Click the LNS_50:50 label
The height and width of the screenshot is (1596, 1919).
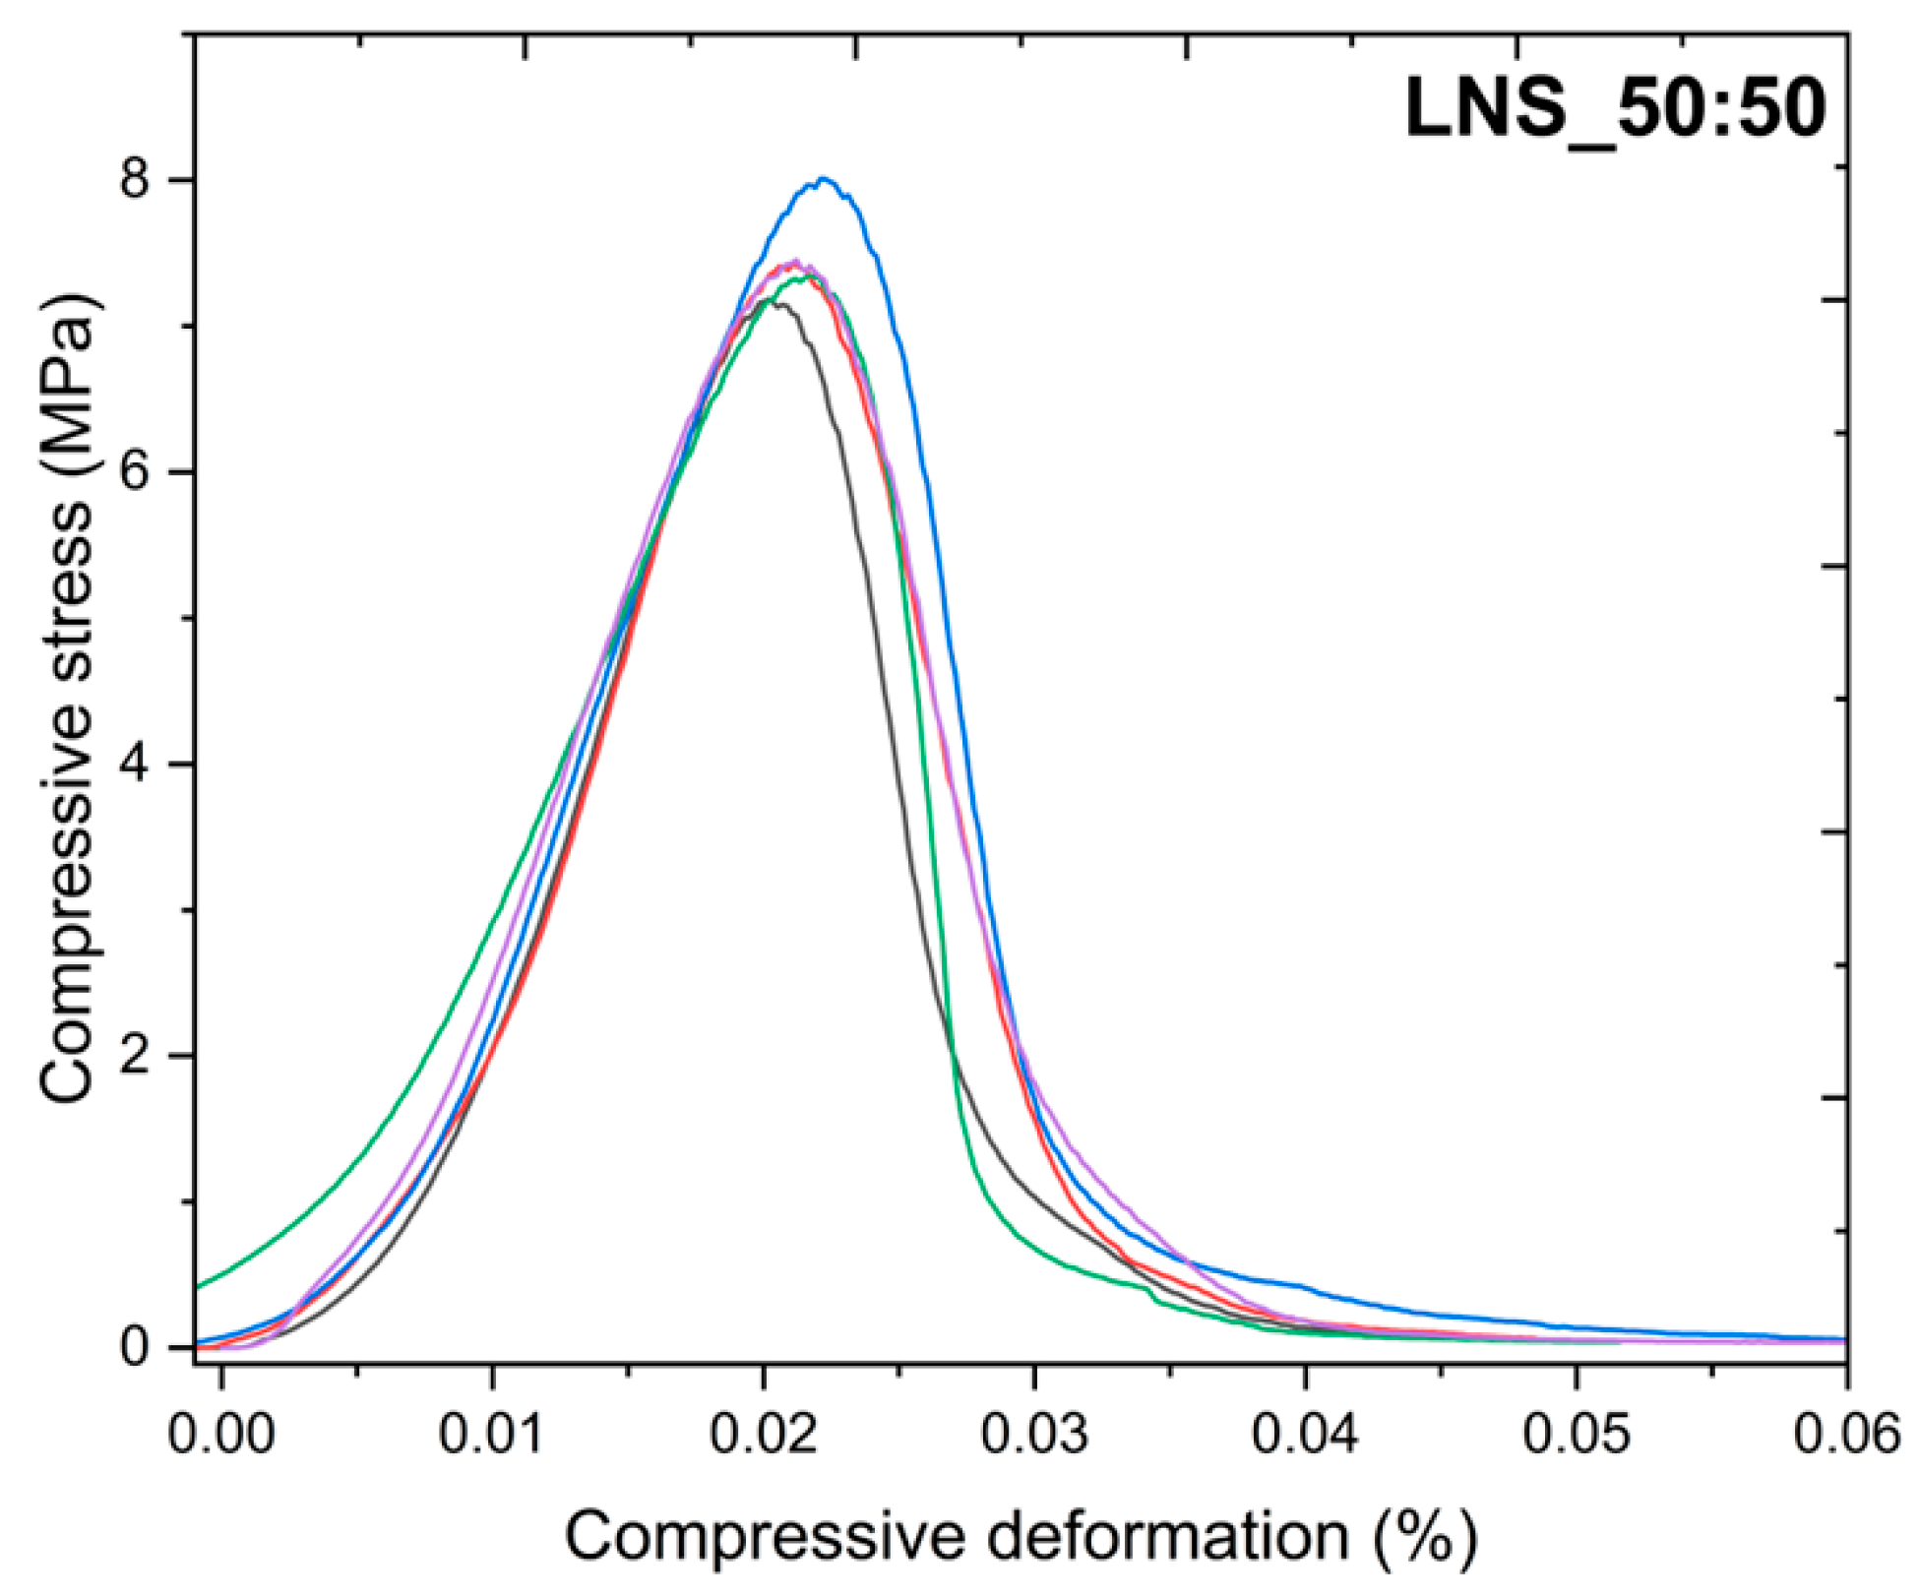click(x=1615, y=107)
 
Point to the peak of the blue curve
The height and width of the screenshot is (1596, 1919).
click(x=824, y=179)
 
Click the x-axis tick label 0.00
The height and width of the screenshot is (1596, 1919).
click(x=221, y=1434)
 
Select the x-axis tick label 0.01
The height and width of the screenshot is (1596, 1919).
click(x=492, y=1434)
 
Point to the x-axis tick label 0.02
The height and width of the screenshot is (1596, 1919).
click(x=764, y=1434)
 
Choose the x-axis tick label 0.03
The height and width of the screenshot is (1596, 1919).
click(x=1034, y=1434)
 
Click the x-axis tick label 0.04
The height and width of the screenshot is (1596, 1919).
click(x=1305, y=1434)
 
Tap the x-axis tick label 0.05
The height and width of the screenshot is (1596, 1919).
click(x=1577, y=1434)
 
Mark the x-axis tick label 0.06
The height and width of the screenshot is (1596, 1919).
click(x=1846, y=1434)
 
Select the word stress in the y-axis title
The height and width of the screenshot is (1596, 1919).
click(x=69, y=615)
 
